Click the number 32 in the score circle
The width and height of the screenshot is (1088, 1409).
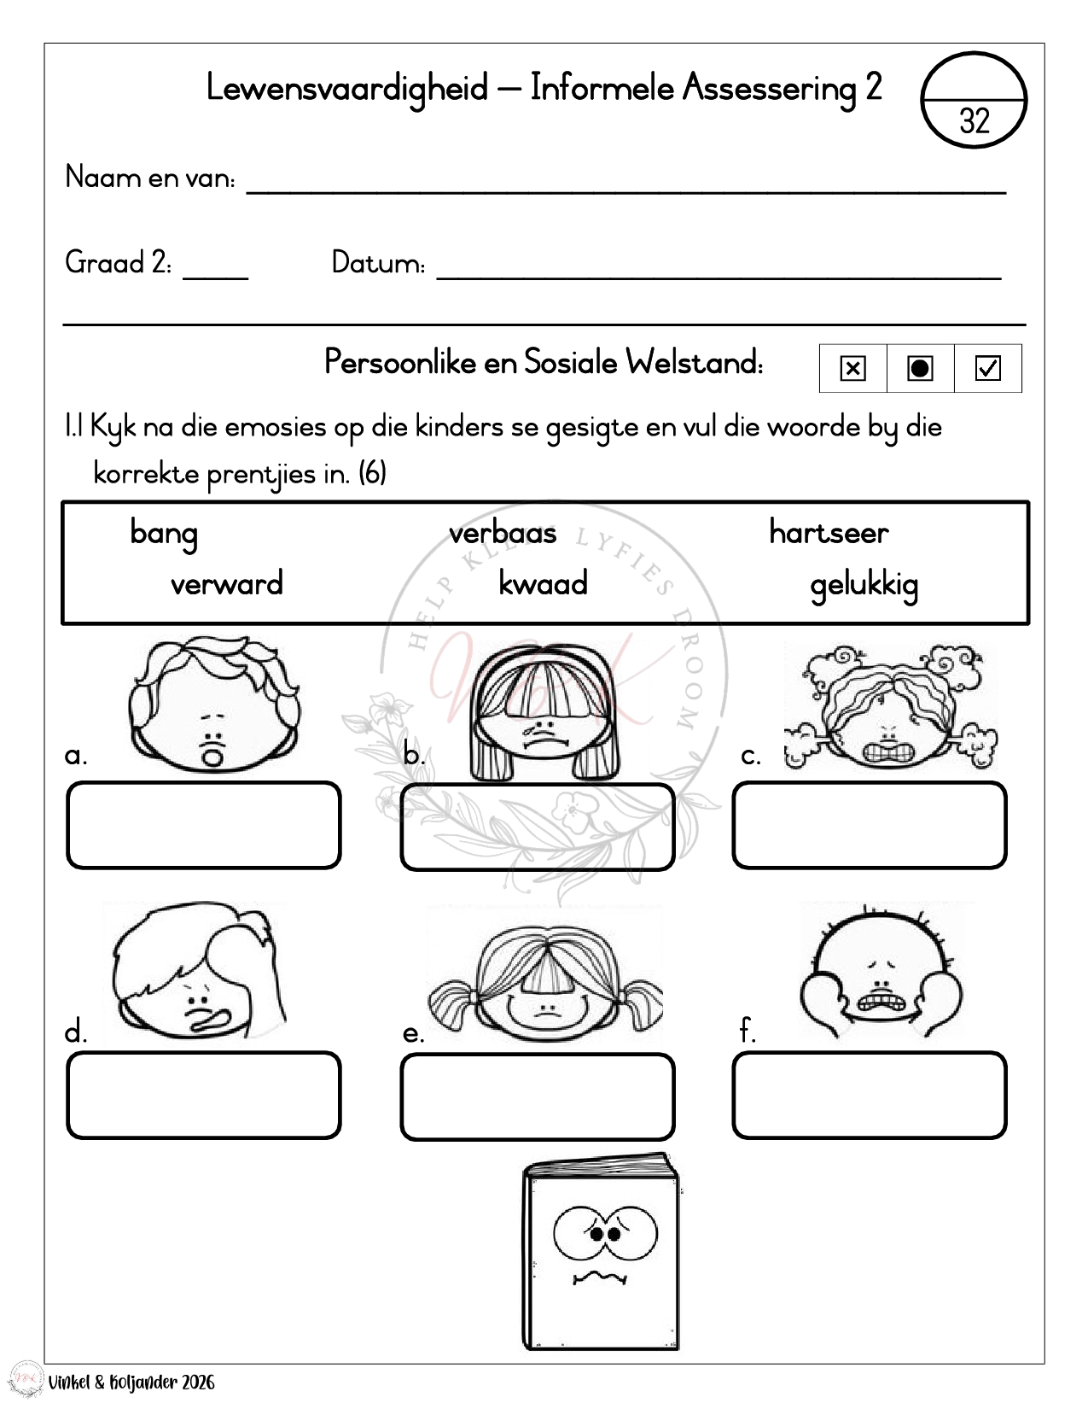tap(974, 121)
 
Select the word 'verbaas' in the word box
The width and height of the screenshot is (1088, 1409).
tap(503, 533)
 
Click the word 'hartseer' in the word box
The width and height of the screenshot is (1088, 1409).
tap(829, 532)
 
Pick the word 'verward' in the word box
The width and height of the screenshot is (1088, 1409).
tap(226, 584)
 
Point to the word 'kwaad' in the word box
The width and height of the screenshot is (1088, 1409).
tap(543, 584)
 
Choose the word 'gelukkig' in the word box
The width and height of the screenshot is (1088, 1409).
tap(864, 586)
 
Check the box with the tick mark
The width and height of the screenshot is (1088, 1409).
tap(987, 368)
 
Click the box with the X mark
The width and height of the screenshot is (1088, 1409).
tap(852, 368)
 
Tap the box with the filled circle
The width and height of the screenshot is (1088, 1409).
tap(920, 368)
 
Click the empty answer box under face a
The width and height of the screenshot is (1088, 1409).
tap(204, 825)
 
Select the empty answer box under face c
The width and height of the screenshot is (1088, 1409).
tap(870, 825)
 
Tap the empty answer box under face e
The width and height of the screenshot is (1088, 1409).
tap(538, 1096)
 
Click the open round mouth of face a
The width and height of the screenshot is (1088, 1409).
tap(212, 755)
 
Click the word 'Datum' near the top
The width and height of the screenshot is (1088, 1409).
tap(377, 263)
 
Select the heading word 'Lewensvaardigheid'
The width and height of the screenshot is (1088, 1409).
tap(347, 88)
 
